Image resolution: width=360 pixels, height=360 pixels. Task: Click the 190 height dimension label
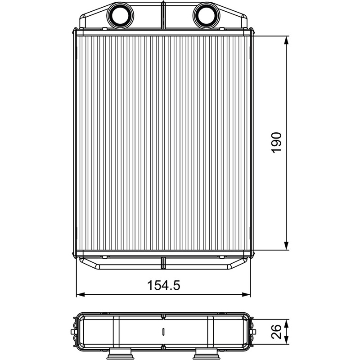click(276, 143)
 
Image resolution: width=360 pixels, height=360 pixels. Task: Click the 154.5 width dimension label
click(163, 285)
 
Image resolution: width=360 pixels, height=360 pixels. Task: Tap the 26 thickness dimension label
click(276, 332)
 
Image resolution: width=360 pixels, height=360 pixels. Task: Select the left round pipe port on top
click(120, 15)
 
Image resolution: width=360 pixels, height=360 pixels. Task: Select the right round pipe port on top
click(206, 15)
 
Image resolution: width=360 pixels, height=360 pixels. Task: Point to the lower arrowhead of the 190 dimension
click(286, 246)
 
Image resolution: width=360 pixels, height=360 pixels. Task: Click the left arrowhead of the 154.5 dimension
click(81, 295)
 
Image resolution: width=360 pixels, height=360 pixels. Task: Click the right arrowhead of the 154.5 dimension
click(246, 295)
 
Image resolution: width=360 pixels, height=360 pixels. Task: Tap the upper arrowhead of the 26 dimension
click(286, 324)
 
